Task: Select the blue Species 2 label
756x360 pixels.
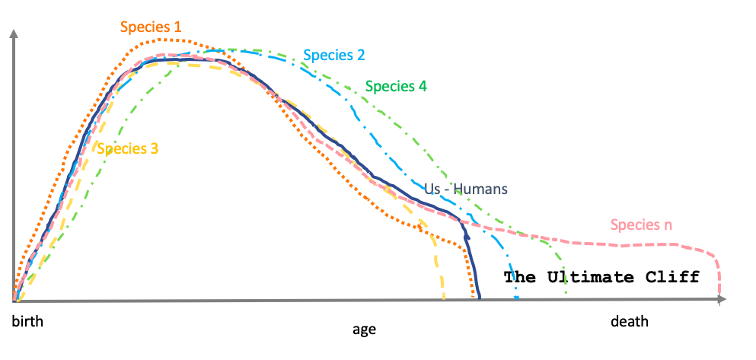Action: pyautogui.click(x=333, y=55)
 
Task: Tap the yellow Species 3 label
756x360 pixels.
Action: pyautogui.click(x=128, y=148)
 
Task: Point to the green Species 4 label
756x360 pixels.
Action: pyautogui.click(x=396, y=86)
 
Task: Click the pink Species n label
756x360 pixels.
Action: pyautogui.click(x=641, y=225)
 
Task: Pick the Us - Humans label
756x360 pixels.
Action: pyautogui.click(x=466, y=190)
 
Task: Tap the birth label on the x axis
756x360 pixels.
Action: pyautogui.click(x=27, y=322)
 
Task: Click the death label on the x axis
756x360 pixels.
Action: pyautogui.click(x=630, y=321)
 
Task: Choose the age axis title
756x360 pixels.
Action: pyautogui.click(x=364, y=330)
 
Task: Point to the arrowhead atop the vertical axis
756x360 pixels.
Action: pyautogui.click(x=13, y=35)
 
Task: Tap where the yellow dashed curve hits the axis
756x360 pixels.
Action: pyautogui.click(x=444, y=299)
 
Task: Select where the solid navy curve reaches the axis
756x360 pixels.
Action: pyautogui.click(x=479, y=299)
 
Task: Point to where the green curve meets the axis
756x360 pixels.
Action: pyautogui.click(x=566, y=298)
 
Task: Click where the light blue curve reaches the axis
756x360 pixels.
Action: pyautogui.click(x=517, y=299)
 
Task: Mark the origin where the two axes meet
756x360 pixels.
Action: pyautogui.click(x=14, y=301)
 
